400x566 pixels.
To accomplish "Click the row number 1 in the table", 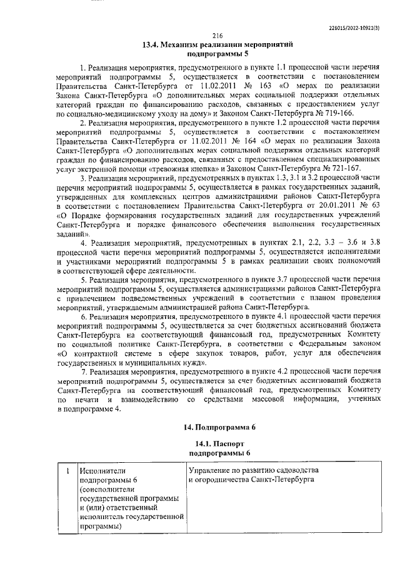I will pyautogui.click(x=66, y=470).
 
